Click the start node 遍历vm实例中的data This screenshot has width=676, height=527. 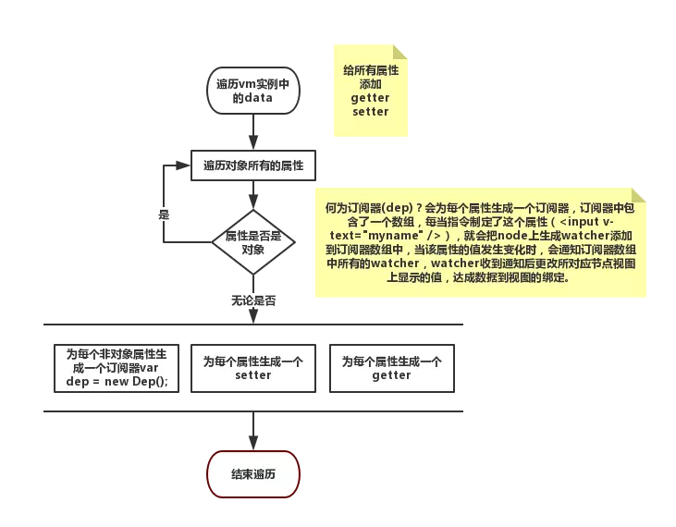pyautogui.click(x=252, y=91)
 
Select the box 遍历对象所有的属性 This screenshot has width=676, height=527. pyautogui.click(x=252, y=167)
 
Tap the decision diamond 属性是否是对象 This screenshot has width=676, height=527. pyautogui.click(x=252, y=241)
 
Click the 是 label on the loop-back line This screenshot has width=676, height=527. pyautogui.click(x=165, y=214)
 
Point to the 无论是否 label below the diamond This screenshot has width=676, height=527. pyautogui.click(x=252, y=300)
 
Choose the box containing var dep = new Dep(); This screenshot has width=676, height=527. pyautogui.click(x=117, y=369)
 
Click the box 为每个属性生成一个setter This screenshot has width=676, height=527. pyautogui.click(x=252, y=369)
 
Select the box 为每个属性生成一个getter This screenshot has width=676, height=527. pyautogui.click(x=391, y=369)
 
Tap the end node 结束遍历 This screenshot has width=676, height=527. pyautogui.click(x=252, y=474)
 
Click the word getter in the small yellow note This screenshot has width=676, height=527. pyautogui.click(x=370, y=98)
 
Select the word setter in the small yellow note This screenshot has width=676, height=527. pyautogui.click(x=370, y=112)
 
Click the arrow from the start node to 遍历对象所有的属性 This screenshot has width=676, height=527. pyautogui.click(x=252, y=132)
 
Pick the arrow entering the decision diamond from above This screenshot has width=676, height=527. pyautogui.click(x=252, y=195)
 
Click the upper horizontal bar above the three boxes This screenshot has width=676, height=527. pyautogui.click(x=252, y=325)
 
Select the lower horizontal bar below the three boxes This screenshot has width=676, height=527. pyautogui.click(x=252, y=411)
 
